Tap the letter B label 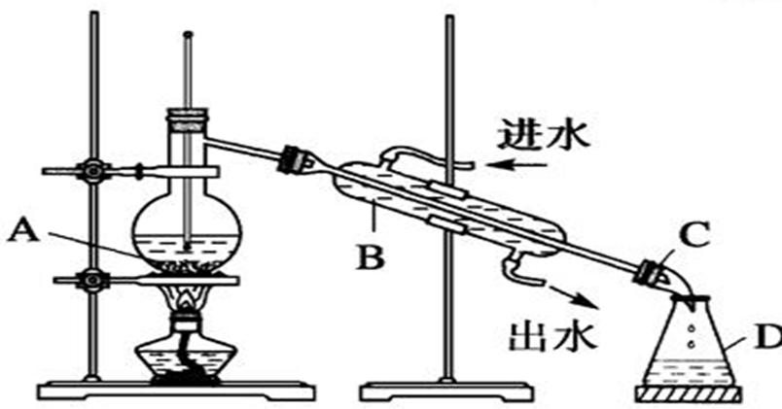click(x=373, y=258)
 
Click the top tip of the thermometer click(x=185, y=36)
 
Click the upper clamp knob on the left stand click(x=93, y=169)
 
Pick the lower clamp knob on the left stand click(x=93, y=280)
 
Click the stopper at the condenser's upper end click(x=293, y=156)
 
